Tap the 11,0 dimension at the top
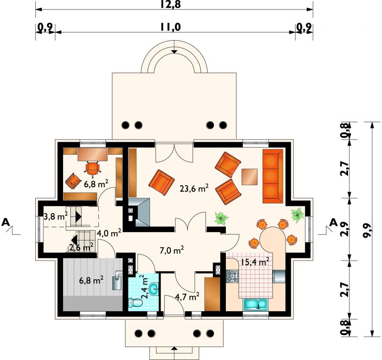[170, 27]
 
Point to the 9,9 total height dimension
[365, 229]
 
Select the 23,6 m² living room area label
[194, 188]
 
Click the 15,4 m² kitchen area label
[255, 262]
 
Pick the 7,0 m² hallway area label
[171, 250]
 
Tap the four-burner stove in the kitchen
[232, 276]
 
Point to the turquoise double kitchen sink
[255, 304]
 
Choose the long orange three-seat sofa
[273, 176]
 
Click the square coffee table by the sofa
[249, 177]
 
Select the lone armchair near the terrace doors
[161, 182]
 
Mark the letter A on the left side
[6, 222]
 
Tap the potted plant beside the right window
[297, 215]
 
